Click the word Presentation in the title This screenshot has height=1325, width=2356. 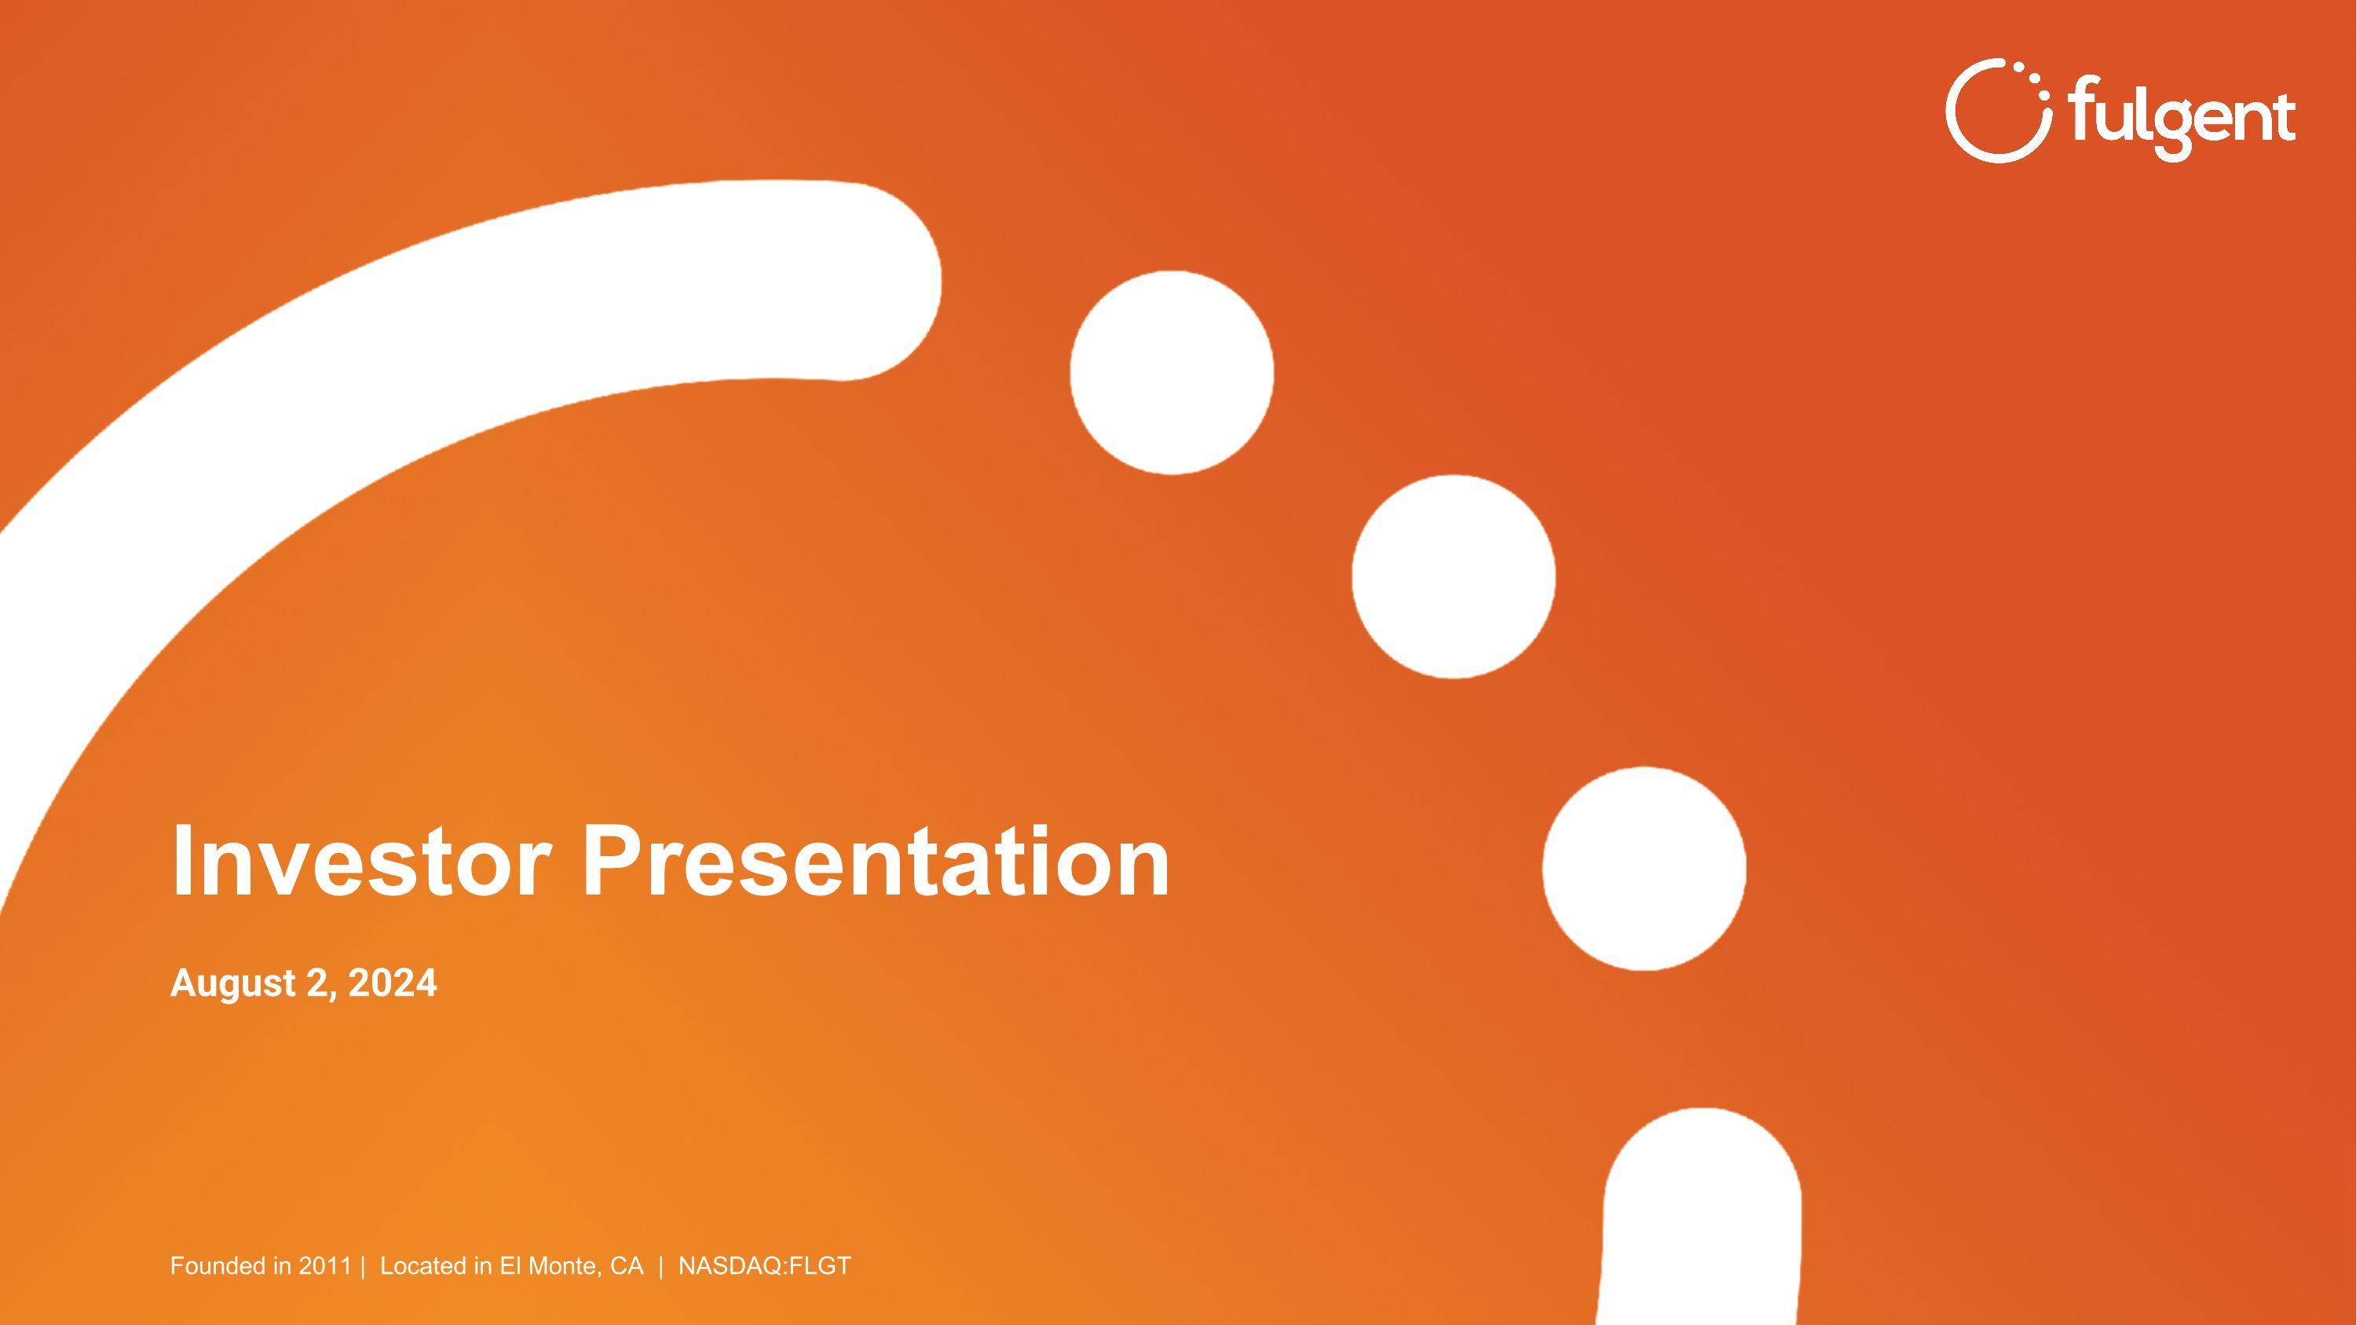pyautogui.click(x=876, y=862)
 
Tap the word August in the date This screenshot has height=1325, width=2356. pyautogui.click(x=233, y=984)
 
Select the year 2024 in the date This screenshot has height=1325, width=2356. pyautogui.click(x=393, y=983)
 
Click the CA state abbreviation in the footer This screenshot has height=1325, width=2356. pyautogui.click(x=627, y=1265)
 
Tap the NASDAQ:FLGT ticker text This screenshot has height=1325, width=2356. pyautogui.click(x=765, y=1265)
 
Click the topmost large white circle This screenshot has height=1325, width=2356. pyautogui.click(x=1172, y=372)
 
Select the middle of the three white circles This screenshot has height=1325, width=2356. pyautogui.click(x=1454, y=576)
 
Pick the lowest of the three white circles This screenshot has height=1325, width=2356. pyautogui.click(x=1644, y=868)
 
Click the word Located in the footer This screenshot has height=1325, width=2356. pyautogui.click(x=423, y=1265)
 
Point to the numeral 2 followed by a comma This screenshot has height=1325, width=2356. pyautogui.click(x=317, y=984)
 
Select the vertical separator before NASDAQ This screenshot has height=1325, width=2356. pyautogui.click(x=660, y=1265)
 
